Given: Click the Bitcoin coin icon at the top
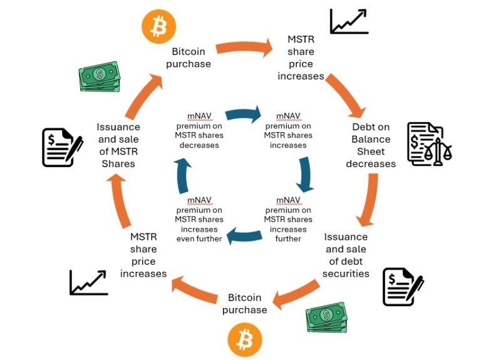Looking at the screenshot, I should coord(158,27).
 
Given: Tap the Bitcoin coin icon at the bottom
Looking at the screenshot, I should coord(244,340).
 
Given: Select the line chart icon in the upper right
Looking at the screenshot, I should coord(349,22).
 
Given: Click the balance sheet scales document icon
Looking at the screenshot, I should coord(428,144).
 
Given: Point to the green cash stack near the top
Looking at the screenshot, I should coord(100,77).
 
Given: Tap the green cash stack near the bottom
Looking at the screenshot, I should coord(326,317).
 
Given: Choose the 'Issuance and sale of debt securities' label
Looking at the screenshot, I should coord(346,255).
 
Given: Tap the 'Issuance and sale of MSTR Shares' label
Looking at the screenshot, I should coord(118,145).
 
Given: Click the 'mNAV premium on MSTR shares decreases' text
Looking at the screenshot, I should coord(199,130).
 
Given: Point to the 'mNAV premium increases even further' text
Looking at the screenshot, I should coord(199,219).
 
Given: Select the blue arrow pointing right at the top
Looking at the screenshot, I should coord(243,115).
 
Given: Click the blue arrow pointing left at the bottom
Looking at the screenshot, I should coord(244,235).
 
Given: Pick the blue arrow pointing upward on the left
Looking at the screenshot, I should coord(182,175).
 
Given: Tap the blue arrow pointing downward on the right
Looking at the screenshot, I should coord(305,174).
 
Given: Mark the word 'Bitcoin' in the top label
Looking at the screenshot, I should coord(188,51).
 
